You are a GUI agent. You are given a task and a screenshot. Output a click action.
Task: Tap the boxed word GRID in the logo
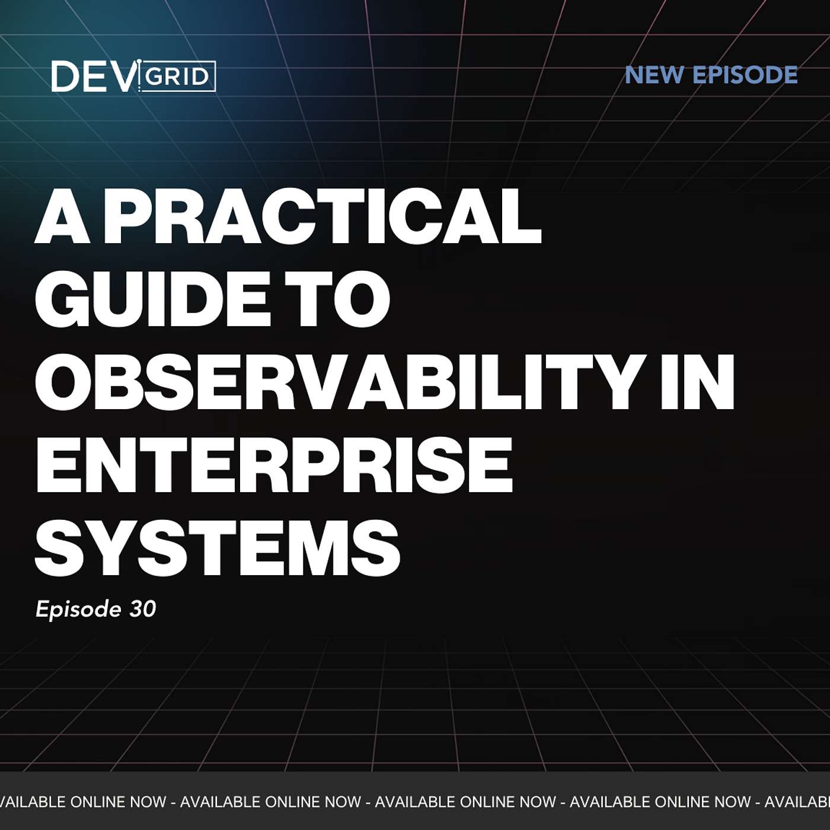click(x=177, y=77)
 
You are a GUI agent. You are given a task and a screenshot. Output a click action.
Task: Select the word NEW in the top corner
click(x=654, y=75)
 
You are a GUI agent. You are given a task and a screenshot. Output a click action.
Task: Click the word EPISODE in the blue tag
click(x=745, y=75)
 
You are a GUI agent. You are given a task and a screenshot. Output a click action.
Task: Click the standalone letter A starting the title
click(x=62, y=216)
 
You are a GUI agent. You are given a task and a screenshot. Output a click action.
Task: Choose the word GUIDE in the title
click(x=151, y=299)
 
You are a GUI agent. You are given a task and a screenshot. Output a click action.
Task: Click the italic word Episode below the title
click(x=78, y=609)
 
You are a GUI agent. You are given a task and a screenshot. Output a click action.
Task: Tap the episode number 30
click(x=142, y=609)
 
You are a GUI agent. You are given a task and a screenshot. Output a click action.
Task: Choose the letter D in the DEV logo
click(x=65, y=76)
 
